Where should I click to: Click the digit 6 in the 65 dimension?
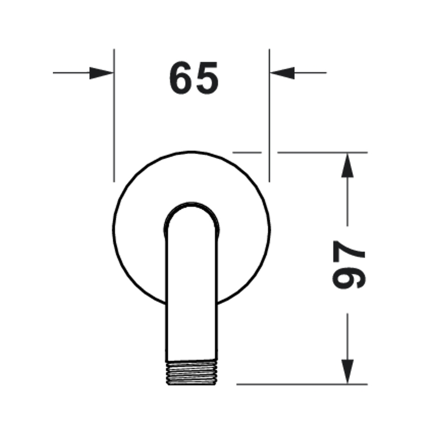180,78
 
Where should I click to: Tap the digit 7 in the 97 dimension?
349,252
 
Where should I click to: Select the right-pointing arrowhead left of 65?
101,73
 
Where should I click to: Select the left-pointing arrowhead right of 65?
282,73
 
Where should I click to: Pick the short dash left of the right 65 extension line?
247,152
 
